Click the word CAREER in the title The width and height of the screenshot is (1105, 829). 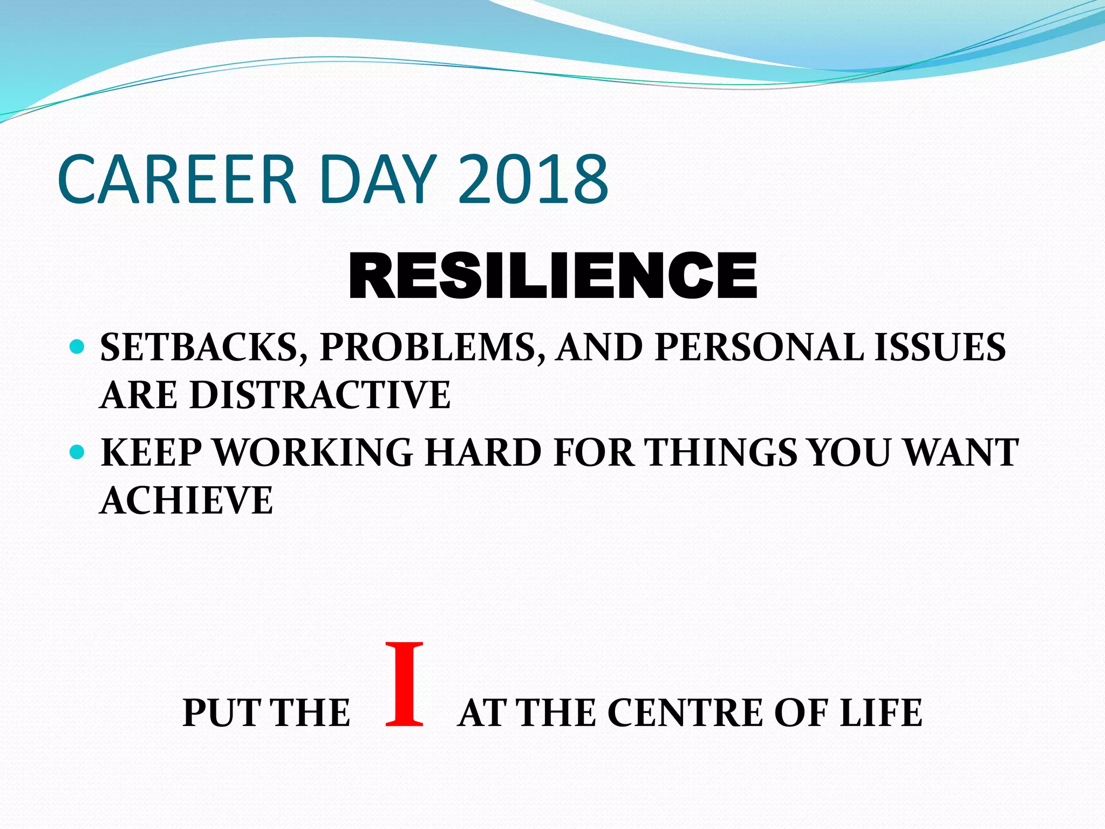[177, 180]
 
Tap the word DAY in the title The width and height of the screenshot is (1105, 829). [377, 180]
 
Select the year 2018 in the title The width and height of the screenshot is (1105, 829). [534, 180]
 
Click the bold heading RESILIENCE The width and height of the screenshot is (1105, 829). [553, 276]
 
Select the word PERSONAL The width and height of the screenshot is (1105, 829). [759, 347]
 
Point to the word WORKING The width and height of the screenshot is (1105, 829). [313, 452]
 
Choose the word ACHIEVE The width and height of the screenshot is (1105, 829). [187, 500]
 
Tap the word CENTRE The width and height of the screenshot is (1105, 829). [685, 714]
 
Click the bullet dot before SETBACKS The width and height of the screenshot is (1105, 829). [78, 346]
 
